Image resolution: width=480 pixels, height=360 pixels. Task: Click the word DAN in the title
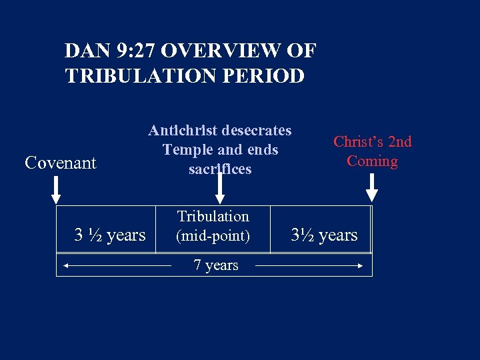pyautogui.click(x=86, y=51)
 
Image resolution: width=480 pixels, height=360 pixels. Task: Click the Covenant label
pyautogui.click(x=61, y=163)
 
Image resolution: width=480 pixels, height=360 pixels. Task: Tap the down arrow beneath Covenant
pyautogui.click(x=57, y=189)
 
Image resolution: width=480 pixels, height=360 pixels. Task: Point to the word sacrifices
pyautogui.click(x=220, y=169)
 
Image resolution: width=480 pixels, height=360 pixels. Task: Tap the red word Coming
pyautogui.click(x=372, y=161)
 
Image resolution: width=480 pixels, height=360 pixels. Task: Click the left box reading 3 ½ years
pyautogui.click(x=109, y=235)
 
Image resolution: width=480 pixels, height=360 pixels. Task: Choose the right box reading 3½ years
pyautogui.click(x=325, y=235)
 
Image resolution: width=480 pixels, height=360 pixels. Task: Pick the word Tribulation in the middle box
pyautogui.click(x=213, y=217)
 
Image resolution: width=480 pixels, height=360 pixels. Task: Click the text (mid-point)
pyautogui.click(x=213, y=235)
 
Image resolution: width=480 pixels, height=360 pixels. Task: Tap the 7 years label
pyautogui.click(x=216, y=265)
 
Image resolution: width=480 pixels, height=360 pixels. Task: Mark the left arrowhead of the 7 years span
pyautogui.click(x=63, y=265)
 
